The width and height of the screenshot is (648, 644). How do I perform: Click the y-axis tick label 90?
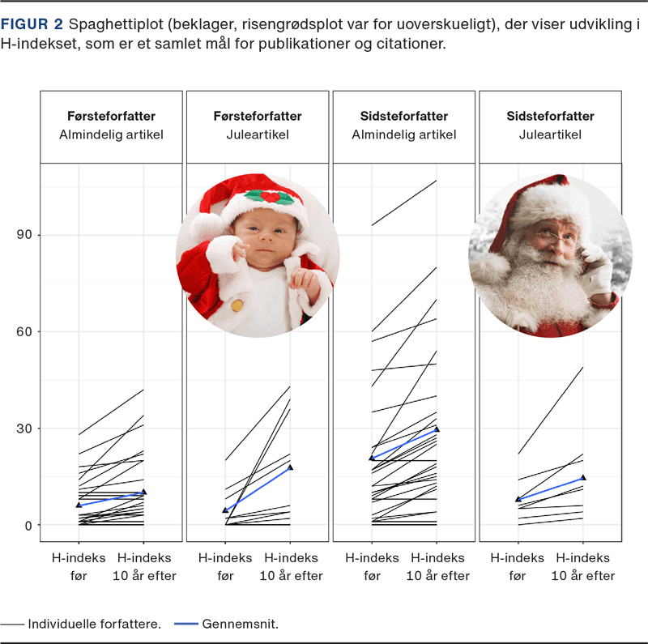click(25, 235)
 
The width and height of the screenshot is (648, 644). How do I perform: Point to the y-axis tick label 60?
click(25, 331)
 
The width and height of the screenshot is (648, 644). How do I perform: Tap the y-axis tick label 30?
click(25, 429)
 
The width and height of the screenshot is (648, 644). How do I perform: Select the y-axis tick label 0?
click(28, 525)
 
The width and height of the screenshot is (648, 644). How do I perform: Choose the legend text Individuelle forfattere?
click(94, 625)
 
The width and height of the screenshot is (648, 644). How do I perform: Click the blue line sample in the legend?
click(186, 625)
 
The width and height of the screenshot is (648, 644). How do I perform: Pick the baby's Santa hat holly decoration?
click(270, 196)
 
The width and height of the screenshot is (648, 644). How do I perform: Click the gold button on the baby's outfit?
click(237, 305)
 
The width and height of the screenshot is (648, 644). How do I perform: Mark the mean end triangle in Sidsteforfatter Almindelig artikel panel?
click(437, 429)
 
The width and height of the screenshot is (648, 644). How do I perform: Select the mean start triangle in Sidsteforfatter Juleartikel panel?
click(518, 499)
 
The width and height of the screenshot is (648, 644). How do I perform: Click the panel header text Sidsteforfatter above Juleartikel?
click(550, 116)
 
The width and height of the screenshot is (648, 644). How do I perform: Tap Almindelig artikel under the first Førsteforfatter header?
click(111, 134)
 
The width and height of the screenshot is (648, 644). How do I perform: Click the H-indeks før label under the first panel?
click(79, 566)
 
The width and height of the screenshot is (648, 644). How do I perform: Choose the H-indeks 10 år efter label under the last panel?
click(582, 566)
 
